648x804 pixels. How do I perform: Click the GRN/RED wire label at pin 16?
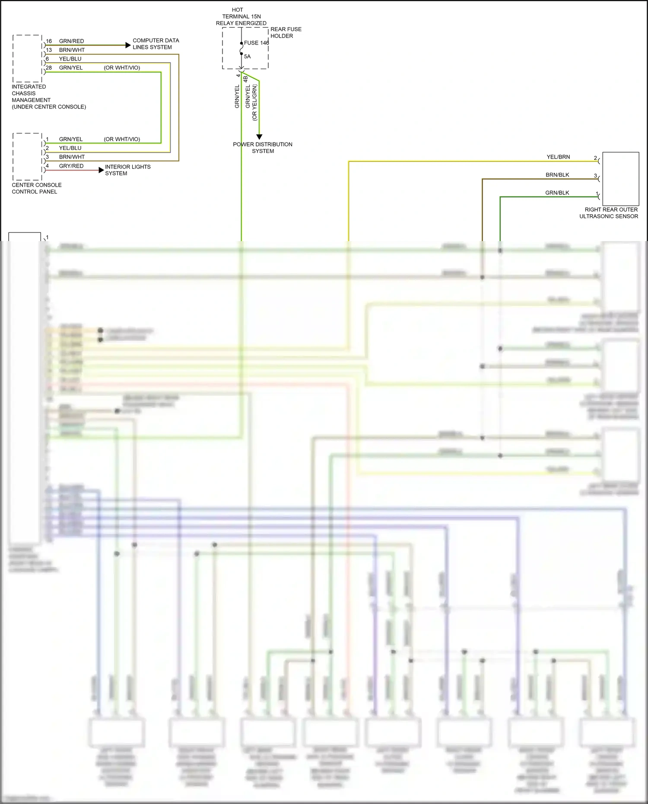pyautogui.click(x=71, y=41)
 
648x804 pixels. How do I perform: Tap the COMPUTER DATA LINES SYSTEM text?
pyautogui.click(x=156, y=44)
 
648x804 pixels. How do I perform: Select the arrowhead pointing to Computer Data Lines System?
pyautogui.click(x=128, y=45)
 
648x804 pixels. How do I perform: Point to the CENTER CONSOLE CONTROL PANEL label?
pyautogui.click(x=36, y=188)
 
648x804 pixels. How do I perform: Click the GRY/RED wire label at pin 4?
pyautogui.click(x=71, y=166)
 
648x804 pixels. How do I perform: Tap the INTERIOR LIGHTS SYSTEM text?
pyautogui.click(x=127, y=170)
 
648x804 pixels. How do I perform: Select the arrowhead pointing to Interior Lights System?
pyautogui.click(x=102, y=170)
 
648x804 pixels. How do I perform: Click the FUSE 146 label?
pyautogui.click(x=256, y=43)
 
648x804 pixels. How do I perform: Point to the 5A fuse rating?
pyautogui.click(x=247, y=57)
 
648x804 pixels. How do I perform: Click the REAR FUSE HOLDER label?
pyautogui.click(x=286, y=32)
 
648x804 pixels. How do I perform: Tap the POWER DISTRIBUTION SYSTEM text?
pyautogui.click(x=263, y=147)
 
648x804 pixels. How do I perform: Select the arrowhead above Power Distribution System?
pyautogui.click(x=259, y=137)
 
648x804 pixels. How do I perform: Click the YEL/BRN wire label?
pyautogui.click(x=558, y=157)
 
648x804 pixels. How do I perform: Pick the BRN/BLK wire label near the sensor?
pyautogui.click(x=557, y=175)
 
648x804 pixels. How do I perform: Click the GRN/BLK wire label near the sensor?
pyautogui.click(x=557, y=193)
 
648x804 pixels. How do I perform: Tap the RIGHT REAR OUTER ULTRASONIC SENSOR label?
pyautogui.click(x=609, y=213)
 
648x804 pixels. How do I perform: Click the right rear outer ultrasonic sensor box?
pyautogui.click(x=620, y=178)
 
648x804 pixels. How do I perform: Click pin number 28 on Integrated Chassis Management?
pyautogui.click(x=49, y=68)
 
